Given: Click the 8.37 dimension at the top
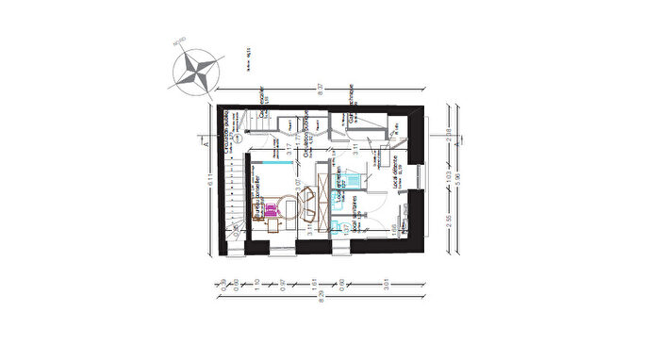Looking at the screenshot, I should pyautogui.click(x=320, y=90).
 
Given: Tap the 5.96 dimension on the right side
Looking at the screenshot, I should pyautogui.click(x=459, y=181).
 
